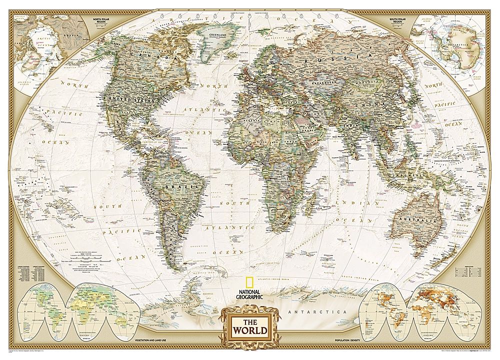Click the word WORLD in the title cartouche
tap(248, 331)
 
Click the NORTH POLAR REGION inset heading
tap(105, 20)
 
